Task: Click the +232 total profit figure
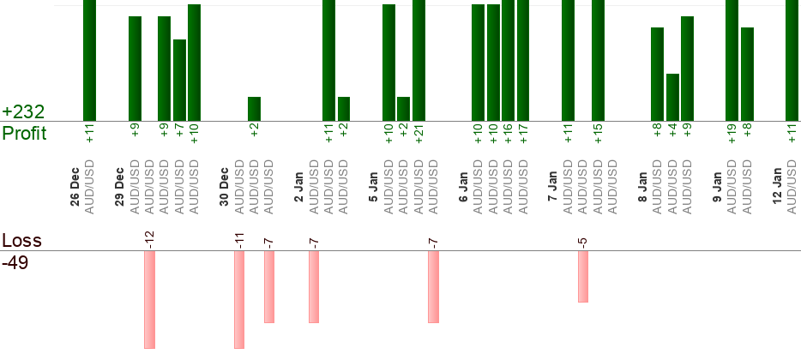[23, 112]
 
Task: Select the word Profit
[24, 134]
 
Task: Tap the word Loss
[21, 241]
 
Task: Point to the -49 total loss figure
[16, 262]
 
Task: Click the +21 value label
[419, 134]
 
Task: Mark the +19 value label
[732, 134]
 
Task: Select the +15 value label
[598, 134]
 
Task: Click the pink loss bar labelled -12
[149, 300]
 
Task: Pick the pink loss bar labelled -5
[583, 277]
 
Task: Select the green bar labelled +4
[672, 98]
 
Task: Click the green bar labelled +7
[179, 81]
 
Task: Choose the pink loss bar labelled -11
[239, 300]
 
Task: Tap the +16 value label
[509, 134]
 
